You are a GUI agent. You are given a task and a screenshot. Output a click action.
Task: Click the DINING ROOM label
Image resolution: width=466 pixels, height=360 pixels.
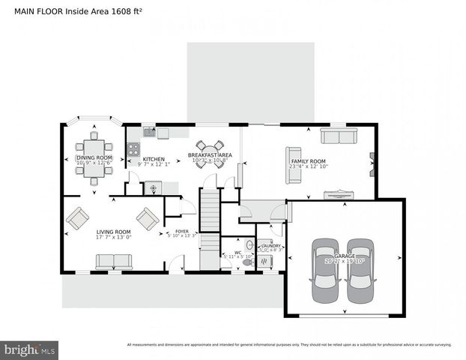coord(94,157)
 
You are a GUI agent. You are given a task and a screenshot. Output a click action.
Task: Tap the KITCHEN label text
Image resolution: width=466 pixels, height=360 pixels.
coord(154,159)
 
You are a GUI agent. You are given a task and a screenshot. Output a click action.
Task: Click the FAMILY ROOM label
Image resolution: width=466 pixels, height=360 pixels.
coord(308,161)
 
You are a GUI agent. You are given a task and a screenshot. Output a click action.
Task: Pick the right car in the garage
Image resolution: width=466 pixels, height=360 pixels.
coord(360,268)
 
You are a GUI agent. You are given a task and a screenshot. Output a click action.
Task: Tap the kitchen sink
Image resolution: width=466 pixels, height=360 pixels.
coord(150,133)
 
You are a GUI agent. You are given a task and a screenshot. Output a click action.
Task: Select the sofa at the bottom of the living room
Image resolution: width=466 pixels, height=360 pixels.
coord(114,262)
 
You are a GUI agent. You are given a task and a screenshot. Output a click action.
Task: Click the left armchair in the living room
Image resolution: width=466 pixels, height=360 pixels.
coord(77,219)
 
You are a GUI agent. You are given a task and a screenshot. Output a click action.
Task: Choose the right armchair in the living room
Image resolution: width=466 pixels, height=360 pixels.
coord(148,218)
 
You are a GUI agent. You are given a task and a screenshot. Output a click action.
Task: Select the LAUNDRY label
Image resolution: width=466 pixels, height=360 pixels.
coord(270,245)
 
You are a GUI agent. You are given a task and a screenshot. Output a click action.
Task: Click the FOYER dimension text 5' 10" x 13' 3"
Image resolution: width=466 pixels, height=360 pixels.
coord(181,236)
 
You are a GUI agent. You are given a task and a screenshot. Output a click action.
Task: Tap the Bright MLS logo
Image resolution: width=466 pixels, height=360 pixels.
coord(30,349)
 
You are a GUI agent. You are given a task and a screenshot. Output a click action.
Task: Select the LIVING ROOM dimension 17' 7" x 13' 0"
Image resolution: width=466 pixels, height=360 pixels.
coord(113,238)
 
